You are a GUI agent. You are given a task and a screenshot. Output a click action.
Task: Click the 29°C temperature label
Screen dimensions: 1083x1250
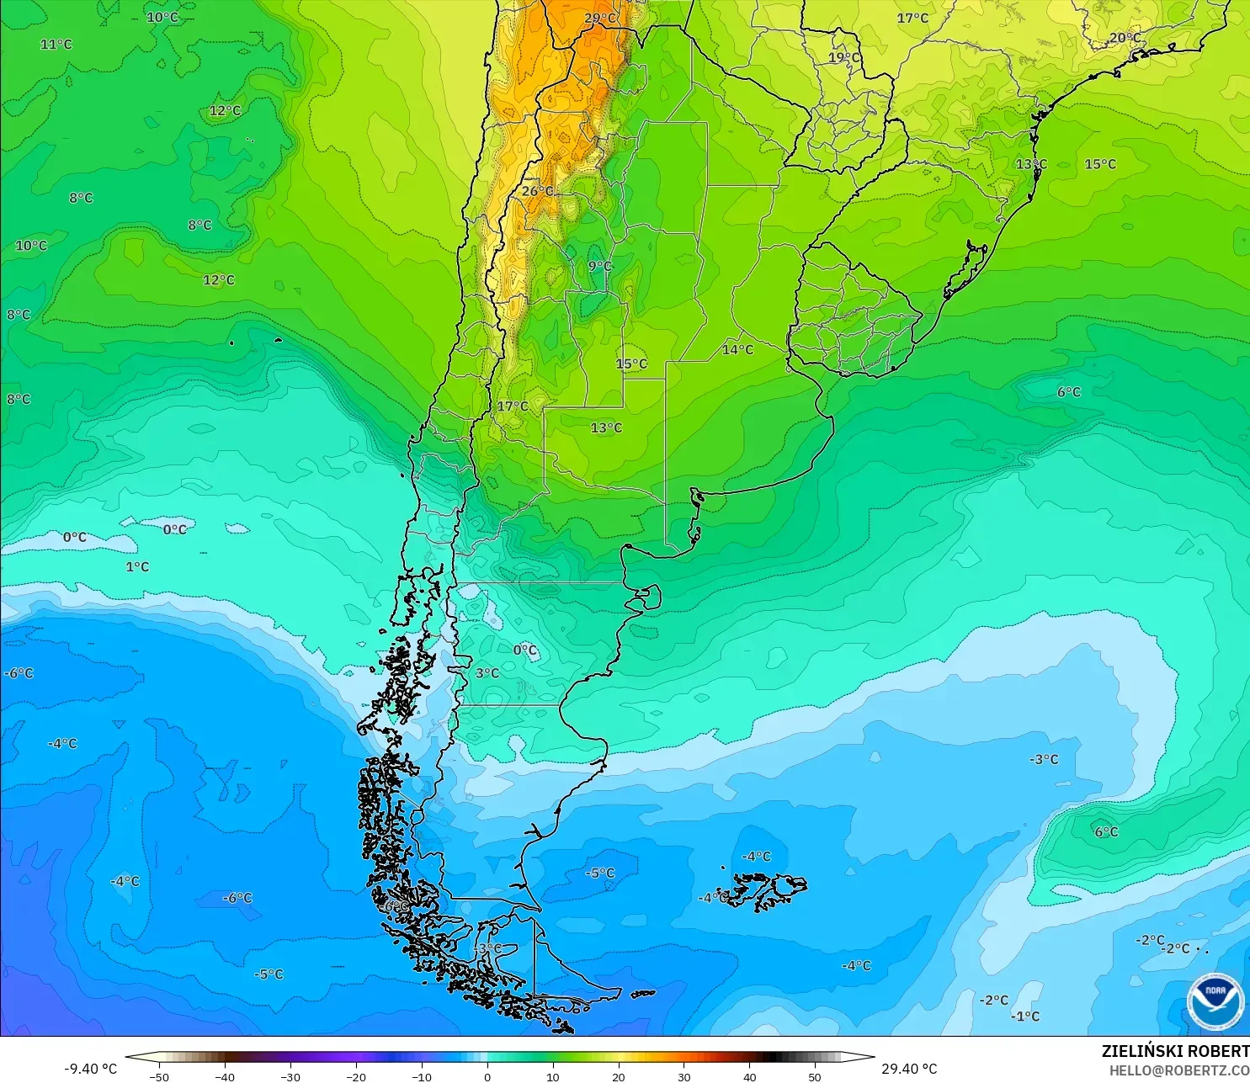tap(600, 18)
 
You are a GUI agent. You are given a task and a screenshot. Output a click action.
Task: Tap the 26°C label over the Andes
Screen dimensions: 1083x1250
tap(537, 191)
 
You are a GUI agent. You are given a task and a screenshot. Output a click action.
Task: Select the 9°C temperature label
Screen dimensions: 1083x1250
tap(600, 266)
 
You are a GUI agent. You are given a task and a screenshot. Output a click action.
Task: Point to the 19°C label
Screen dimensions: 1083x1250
tap(844, 57)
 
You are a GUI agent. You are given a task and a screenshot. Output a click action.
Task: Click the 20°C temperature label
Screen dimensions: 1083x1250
tap(1125, 38)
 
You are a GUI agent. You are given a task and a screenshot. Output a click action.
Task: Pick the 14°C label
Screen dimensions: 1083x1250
tap(737, 349)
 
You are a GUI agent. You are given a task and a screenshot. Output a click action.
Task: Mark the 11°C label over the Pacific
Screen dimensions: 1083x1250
tap(56, 44)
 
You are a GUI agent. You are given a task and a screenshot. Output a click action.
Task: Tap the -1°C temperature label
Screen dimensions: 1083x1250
tap(1025, 1016)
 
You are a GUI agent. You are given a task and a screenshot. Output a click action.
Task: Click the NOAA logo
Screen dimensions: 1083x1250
tap(1215, 1001)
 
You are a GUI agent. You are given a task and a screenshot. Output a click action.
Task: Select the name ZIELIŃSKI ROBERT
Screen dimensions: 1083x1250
tap(1175, 1051)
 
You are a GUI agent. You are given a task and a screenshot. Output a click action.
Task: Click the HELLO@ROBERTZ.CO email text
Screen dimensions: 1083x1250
tap(1178, 1070)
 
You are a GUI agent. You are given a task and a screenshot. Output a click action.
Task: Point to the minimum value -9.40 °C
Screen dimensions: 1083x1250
tap(90, 1069)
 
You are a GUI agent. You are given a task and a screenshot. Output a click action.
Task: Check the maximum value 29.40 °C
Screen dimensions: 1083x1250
tap(909, 1069)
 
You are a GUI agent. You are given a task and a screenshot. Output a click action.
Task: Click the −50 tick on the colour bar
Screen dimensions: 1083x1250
tap(158, 1076)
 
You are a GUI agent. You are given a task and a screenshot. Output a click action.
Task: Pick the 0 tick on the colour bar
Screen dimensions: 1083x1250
tap(487, 1076)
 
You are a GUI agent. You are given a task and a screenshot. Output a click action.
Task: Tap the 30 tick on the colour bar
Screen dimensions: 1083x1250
tap(684, 1076)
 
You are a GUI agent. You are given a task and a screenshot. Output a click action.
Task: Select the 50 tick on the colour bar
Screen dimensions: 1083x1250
tap(815, 1076)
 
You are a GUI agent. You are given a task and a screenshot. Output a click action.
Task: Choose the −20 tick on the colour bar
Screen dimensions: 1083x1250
tap(355, 1076)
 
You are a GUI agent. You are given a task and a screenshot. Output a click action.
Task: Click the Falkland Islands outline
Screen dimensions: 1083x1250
tap(762, 890)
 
